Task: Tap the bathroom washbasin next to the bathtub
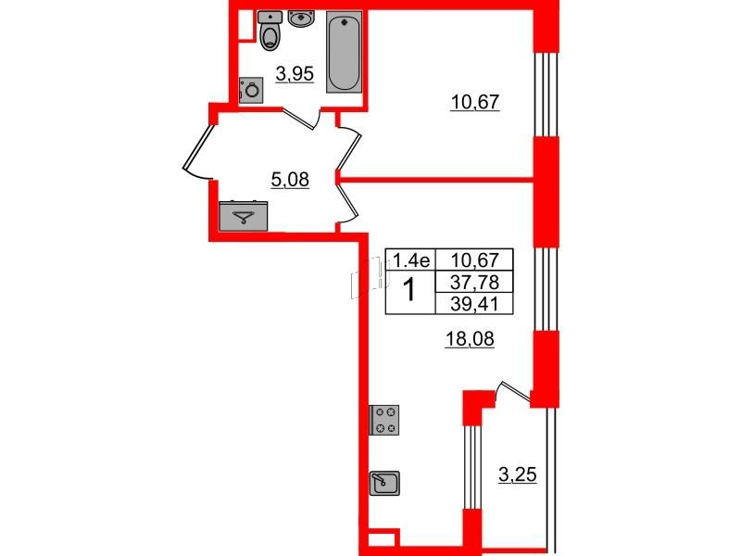(x=298, y=19)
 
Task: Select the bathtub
(x=344, y=52)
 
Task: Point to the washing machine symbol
(x=250, y=90)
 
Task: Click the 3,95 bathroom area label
(x=295, y=74)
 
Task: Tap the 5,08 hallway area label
(x=290, y=180)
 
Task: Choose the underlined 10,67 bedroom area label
(x=475, y=102)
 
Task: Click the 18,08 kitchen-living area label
(x=470, y=339)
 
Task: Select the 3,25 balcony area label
(x=518, y=474)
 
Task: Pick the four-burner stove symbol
(x=384, y=420)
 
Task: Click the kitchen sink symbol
(x=384, y=483)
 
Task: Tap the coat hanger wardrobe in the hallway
(x=244, y=217)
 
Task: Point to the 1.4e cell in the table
(x=410, y=260)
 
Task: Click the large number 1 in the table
(x=410, y=290)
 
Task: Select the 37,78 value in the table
(x=474, y=283)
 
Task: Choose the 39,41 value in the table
(x=474, y=304)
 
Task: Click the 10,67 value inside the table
(x=474, y=260)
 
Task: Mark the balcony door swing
(x=513, y=392)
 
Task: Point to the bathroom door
(x=302, y=119)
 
